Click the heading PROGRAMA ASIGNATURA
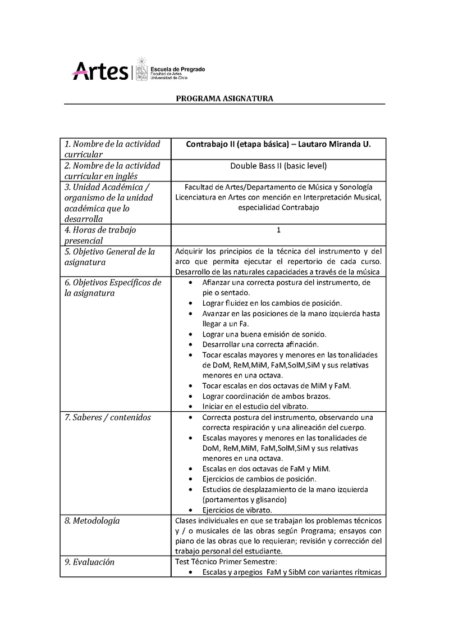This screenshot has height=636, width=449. point(224,98)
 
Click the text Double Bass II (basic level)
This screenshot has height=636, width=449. point(278,166)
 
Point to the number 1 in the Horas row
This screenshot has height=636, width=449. point(278,230)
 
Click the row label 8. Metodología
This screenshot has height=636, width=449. point(92,521)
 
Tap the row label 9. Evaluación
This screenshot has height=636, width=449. point(89,562)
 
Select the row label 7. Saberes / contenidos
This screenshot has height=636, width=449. point(107,417)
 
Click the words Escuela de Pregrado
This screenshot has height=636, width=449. point(177,69)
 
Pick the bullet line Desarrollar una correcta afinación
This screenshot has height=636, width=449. point(260,344)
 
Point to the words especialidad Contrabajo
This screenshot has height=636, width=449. point(278,207)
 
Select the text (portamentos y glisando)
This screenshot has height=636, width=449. point(245,500)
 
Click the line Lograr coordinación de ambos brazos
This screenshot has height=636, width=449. point(266,396)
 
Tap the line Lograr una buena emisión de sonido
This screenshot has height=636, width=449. point(264,334)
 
